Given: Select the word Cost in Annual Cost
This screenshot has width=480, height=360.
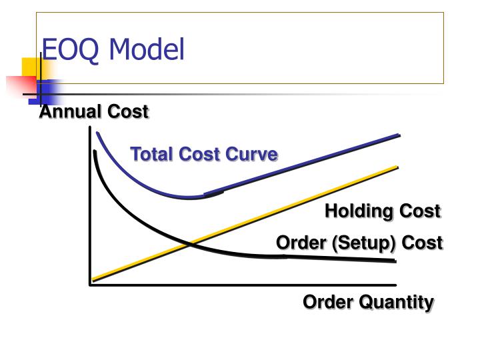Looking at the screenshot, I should tap(128, 112).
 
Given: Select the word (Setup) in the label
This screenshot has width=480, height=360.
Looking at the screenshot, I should tap(363, 243).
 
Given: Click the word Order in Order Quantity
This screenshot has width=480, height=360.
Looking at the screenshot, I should tap(325, 302).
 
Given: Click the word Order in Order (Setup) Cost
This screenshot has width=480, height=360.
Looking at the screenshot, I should tap(299, 243).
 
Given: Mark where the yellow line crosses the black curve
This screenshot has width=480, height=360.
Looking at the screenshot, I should tap(191, 243).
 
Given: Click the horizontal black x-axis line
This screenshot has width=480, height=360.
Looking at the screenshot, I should tap(240, 285).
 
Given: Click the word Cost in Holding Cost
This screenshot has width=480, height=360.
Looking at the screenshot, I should tap(420, 211).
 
